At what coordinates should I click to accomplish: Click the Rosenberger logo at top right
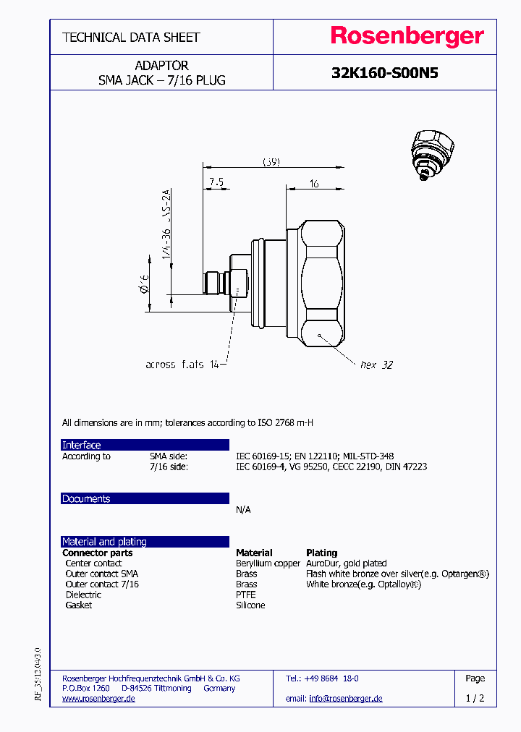pyautogui.click(x=407, y=37)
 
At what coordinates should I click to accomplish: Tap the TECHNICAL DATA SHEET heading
pyautogui.click(x=131, y=37)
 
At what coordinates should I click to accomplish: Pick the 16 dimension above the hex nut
pyautogui.click(x=314, y=184)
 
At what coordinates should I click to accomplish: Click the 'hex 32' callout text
pyautogui.click(x=376, y=365)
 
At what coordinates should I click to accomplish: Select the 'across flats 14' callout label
pyautogui.click(x=182, y=365)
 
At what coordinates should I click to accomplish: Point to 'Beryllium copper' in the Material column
pyautogui.click(x=268, y=563)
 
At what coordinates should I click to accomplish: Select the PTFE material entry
pyautogui.click(x=246, y=595)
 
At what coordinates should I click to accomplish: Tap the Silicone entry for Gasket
pyautogui.click(x=250, y=605)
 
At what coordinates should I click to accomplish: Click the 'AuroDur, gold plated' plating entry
pyautogui.click(x=346, y=563)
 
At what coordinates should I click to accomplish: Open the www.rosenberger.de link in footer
pyautogui.click(x=98, y=698)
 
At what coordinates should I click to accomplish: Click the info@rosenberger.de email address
pyautogui.click(x=345, y=698)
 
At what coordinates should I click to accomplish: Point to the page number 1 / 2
pyautogui.click(x=475, y=698)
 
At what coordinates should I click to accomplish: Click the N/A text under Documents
pyautogui.click(x=243, y=509)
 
